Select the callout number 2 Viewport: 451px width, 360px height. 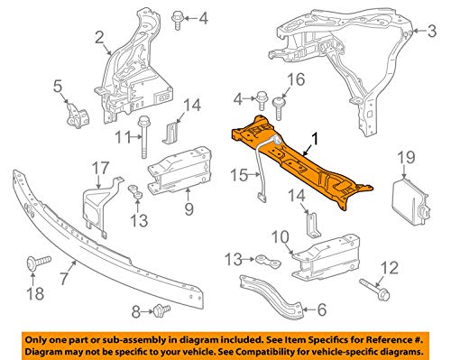click(98, 37)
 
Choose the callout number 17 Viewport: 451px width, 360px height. click(98, 167)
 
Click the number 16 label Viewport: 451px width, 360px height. click(293, 84)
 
